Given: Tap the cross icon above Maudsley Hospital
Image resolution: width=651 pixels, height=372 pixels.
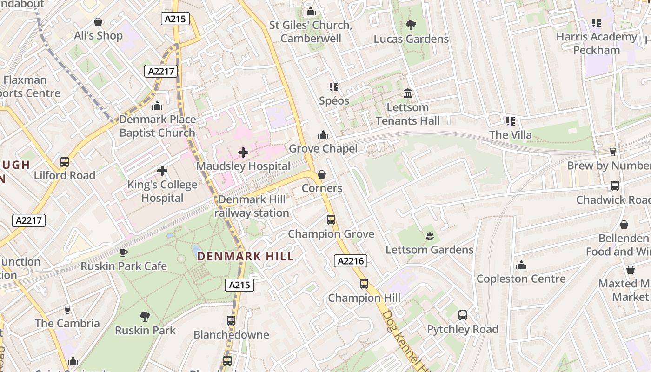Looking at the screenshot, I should pyautogui.click(x=243, y=152).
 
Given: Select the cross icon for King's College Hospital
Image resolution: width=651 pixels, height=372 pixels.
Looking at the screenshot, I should pyautogui.click(x=162, y=171).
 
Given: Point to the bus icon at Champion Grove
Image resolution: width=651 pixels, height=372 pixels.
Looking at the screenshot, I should pyautogui.click(x=331, y=219).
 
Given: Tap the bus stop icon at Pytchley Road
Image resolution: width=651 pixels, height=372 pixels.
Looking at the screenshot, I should pyautogui.click(x=462, y=315).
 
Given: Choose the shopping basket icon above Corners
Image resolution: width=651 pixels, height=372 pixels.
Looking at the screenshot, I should pyautogui.click(x=321, y=174).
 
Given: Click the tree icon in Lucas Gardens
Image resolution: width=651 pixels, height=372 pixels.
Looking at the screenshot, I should pyautogui.click(x=411, y=25).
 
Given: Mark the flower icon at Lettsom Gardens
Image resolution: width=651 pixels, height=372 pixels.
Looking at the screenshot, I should pyautogui.click(x=429, y=236).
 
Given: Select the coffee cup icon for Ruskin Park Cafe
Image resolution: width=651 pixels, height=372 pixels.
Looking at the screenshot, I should pyautogui.click(x=124, y=252).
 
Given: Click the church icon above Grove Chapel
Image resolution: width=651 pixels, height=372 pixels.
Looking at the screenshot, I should pyautogui.click(x=323, y=135).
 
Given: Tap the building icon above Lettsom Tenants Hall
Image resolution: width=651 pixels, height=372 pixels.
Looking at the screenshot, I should pyautogui.click(x=408, y=93).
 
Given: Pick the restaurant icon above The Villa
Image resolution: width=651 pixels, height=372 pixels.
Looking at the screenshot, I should pyautogui.click(x=510, y=121).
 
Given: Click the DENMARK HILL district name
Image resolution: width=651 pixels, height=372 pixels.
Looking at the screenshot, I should pyautogui.click(x=246, y=256).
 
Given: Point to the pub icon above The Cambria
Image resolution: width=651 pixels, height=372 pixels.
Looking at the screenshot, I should pyautogui.click(x=67, y=309).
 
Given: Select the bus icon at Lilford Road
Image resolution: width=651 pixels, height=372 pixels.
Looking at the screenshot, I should pyautogui.click(x=65, y=162).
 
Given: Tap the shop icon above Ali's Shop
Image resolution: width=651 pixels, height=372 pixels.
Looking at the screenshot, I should pyautogui.click(x=98, y=22).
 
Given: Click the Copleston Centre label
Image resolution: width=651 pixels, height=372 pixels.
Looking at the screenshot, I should pyautogui.click(x=521, y=279).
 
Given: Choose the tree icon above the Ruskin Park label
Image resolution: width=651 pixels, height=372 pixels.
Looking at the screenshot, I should pyautogui.click(x=145, y=317).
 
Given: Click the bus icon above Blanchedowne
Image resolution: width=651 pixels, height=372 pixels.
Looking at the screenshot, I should pyautogui.click(x=231, y=321).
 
